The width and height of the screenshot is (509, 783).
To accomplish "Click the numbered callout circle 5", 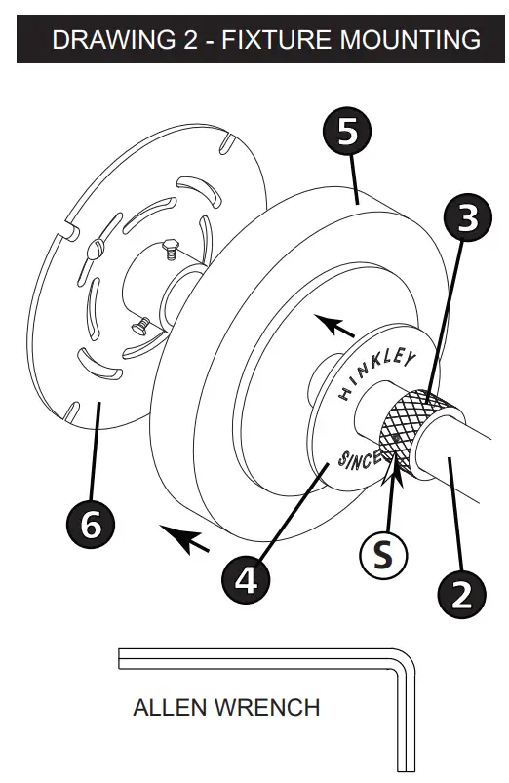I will pos(347,134).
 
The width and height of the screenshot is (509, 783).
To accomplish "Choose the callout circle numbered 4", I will pos(247,579).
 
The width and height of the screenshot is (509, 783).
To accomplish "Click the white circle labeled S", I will pos(385,555).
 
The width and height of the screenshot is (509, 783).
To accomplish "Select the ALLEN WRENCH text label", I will pos(226,706).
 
